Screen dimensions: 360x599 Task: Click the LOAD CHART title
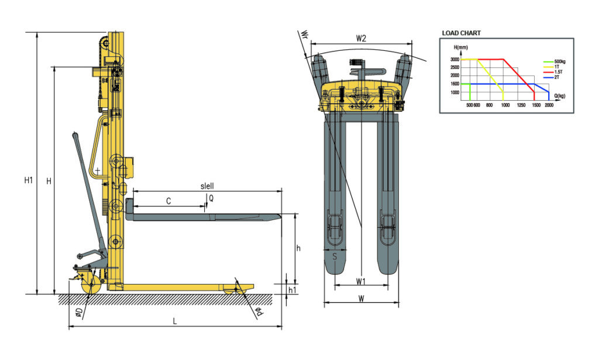(462, 33)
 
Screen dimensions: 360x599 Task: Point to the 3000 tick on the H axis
(455, 60)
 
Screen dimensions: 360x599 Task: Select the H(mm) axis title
(460, 47)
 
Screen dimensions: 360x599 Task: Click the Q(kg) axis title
(559, 96)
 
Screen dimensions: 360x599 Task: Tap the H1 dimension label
(28, 181)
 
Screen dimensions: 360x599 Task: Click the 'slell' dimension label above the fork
(206, 186)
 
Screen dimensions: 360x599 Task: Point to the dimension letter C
(168, 201)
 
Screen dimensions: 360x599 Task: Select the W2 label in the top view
(361, 39)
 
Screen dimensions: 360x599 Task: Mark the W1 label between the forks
(361, 282)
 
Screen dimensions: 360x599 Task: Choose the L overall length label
(175, 321)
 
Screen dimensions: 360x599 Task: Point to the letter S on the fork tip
(335, 256)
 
